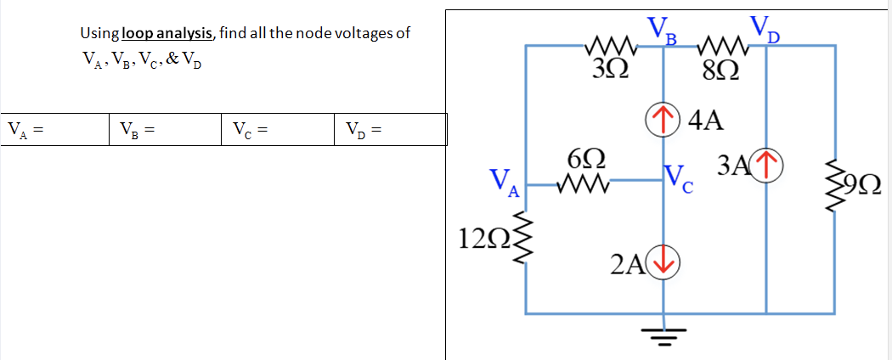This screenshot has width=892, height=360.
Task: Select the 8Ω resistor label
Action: coord(721,68)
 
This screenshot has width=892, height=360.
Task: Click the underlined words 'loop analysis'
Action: coord(168,33)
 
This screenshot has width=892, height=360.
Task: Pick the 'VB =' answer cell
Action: coord(165,130)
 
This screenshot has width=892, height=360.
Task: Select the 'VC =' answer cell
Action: coord(278,130)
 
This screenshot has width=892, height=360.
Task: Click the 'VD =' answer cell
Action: coord(390,130)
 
